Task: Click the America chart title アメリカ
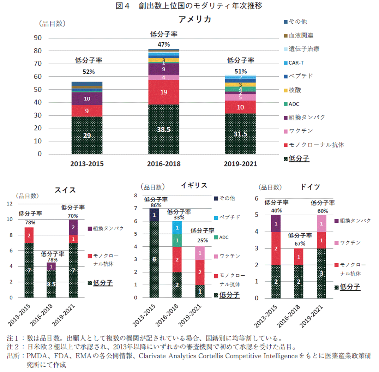(x=195, y=19)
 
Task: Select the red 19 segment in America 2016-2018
(x=164, y=92)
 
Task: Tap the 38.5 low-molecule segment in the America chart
(x=164, y=130)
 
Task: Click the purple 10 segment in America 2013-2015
(x=87, y=98)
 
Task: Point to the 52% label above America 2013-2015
(x=89, y=72)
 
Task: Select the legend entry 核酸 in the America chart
(x=295, y=90)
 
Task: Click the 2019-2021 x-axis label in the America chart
(x=241, y=164)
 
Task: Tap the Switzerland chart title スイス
(x=65, y=190)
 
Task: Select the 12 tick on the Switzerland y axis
(x=10, y=204)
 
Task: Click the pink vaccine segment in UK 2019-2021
(x=200, y=253)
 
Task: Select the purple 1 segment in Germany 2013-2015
(x=276, y=223)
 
